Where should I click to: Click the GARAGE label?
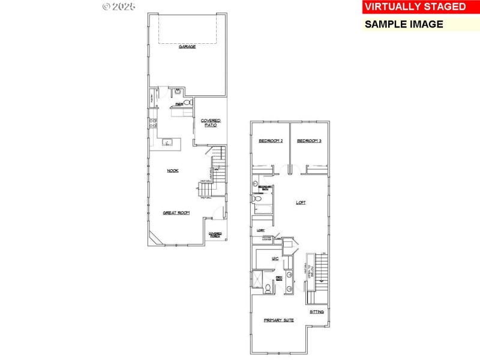187,46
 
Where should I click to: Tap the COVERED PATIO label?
211,122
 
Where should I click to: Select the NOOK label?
173,170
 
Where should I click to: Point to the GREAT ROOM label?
176,212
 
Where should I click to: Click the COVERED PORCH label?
215,235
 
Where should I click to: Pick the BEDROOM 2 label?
270,141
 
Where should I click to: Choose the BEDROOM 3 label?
309,141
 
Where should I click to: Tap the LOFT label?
301,202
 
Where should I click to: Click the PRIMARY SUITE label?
279,320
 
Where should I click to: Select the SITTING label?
317,312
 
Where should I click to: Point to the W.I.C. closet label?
275,259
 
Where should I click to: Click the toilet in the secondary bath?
255,197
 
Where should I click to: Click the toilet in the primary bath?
268,287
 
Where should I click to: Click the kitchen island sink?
167,143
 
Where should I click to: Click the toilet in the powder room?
187,103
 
